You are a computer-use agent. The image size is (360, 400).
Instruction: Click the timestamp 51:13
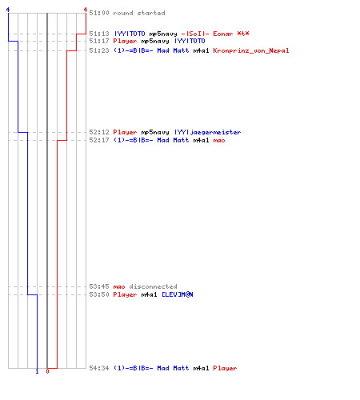[x=99, y=34]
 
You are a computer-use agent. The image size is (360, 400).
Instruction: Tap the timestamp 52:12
[x=99, y=132]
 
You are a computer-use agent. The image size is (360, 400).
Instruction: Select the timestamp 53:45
[x=99, y=286]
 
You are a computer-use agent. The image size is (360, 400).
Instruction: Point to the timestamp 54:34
[x=99, y=368]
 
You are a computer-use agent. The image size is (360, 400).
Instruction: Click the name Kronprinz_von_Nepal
[x=251, y=50]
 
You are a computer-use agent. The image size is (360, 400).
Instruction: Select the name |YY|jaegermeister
[x=207, y=132]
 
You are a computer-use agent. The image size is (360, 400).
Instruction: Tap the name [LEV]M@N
[x=178, y=294]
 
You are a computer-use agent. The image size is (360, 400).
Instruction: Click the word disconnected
[x=153, y=286]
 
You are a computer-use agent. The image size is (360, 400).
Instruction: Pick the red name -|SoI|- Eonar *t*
[x=215, y=34]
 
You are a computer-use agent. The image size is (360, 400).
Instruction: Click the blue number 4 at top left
[x=8, y=10]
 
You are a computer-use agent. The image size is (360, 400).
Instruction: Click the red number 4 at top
[x=86, y=10]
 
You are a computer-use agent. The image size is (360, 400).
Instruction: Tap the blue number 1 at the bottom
[x=37, y=371]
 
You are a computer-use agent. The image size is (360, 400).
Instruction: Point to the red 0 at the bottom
[x=47, y=371]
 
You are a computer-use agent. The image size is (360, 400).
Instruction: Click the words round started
[x=139, y=13]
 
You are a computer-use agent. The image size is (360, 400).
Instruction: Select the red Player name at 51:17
[x=125, y=41]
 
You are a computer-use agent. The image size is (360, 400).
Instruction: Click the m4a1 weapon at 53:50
[x=149, y=294]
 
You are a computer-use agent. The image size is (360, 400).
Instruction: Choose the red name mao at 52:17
[x=219, y=140]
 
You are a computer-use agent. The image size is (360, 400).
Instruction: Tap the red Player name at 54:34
[x=225, y=368]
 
